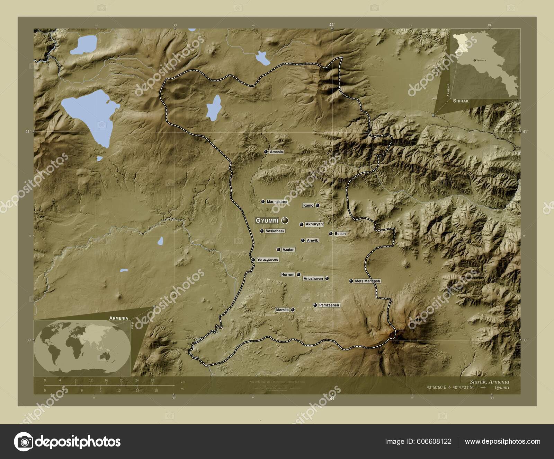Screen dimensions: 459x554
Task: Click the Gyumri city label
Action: tap(267, 220)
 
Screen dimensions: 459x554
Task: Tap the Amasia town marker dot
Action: tap(266, 152)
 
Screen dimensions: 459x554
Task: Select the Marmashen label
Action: tap(277, 201)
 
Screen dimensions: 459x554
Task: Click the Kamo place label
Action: tap(308, 205)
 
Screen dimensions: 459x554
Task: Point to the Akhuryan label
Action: tap(314, 224)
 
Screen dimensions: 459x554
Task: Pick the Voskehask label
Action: tap(275, 231)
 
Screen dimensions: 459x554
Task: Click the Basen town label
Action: tap(340, 234)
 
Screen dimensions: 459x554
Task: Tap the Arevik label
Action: tap(312, 240)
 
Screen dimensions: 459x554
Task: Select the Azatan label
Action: tap(288, 250)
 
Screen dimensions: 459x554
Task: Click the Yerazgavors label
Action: tap(267, 260)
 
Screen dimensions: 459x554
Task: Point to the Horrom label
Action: tap(288, 275)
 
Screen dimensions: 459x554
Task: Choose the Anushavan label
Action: tap(313, 278)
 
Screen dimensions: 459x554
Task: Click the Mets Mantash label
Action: tap(367, 281)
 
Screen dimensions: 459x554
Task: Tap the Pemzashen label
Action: tap(329, 305)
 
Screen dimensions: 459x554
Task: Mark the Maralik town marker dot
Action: tap(293, 310)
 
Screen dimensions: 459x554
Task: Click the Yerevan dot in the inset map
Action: tap(474, 60)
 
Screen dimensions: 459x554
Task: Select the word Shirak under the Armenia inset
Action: tap(461, 101)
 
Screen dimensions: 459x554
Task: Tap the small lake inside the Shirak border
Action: tap(214, 107)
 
